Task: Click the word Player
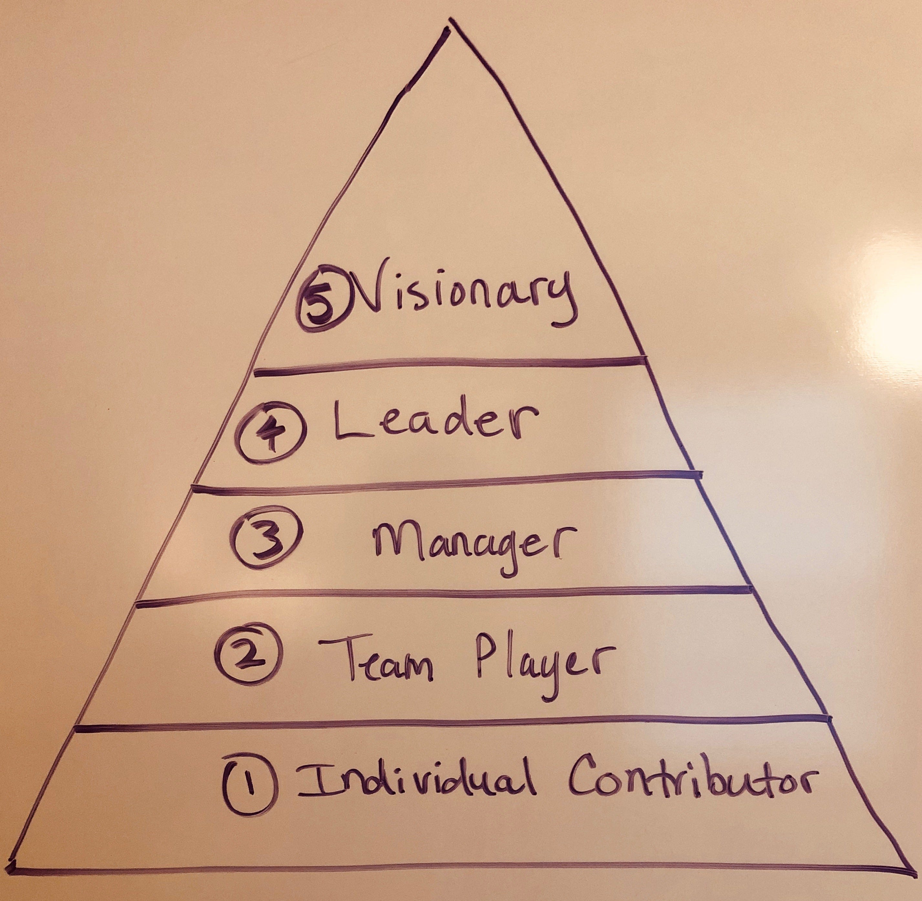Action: [x=540, y=660]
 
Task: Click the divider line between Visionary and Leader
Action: [x=450, y=367]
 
